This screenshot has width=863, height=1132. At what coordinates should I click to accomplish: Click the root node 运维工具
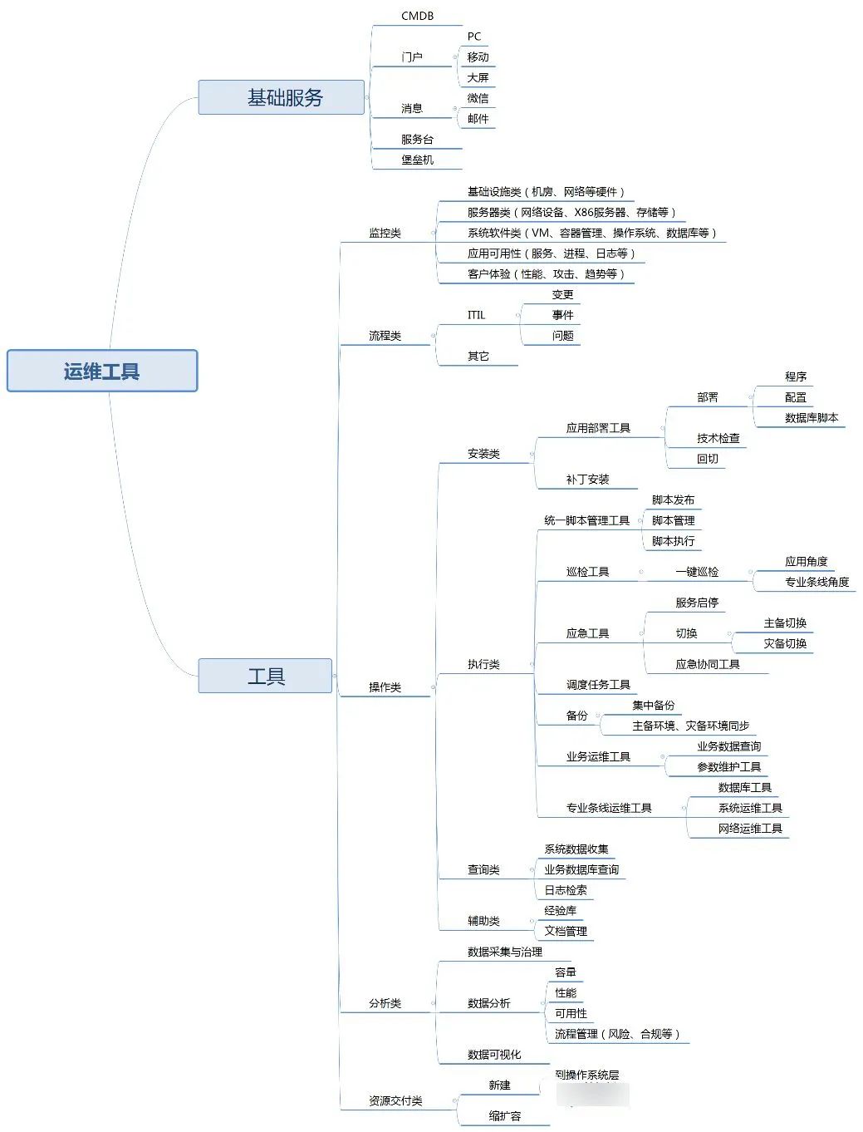tap(102, 371)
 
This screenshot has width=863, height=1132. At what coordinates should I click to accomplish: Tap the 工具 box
tap(265, 676)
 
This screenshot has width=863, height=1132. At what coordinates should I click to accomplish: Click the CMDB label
tap(417, 16)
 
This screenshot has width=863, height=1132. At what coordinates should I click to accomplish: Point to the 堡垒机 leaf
tap(417, 160)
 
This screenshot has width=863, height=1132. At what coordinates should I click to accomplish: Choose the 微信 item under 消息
tap(478, 98)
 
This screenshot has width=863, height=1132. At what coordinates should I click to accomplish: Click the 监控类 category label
tap(385, 233)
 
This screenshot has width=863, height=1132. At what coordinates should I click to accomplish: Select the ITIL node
tap(476, 315)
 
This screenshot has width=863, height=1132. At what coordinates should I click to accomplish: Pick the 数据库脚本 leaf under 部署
tap(811, 418)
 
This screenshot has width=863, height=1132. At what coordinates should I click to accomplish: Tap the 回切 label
tap(708, 459)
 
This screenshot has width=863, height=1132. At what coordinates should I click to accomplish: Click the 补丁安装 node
tap(587, 480)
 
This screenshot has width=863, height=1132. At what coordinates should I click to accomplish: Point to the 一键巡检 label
tap(697, 572)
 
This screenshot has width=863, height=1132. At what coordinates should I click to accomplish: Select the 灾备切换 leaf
tap(785, 643)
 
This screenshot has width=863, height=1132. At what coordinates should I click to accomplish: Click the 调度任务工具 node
tap(598, 685)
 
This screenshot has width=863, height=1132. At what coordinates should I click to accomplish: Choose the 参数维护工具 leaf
tap(728, 767)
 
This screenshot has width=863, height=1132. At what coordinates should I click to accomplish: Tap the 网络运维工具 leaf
tap(750, 829)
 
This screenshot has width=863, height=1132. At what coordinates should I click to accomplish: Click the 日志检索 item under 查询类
tap(566, 890)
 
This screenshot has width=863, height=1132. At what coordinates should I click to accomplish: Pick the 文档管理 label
tap(566, 931)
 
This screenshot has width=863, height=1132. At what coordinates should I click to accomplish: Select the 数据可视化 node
tap(494, 1055)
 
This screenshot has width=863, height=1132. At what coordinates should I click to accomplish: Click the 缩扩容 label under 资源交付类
tap(504, 1116)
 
